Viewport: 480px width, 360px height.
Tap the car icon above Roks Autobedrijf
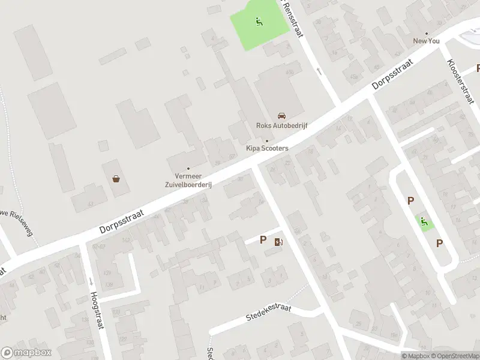tap(280, 115)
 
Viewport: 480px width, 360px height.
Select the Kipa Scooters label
tap(267, 148)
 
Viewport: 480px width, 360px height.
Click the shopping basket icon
tap(116, 178)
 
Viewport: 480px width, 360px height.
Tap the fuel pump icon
tap(278, 242)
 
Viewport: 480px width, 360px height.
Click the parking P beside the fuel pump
tap(263, 240)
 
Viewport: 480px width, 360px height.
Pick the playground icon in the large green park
tap(259, 22)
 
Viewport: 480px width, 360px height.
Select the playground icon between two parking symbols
tap(425, 222)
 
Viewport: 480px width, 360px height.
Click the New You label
tap(427, 41)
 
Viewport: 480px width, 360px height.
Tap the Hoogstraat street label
tap(95, 310)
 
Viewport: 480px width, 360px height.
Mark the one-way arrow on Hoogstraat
tap(90, 281)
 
